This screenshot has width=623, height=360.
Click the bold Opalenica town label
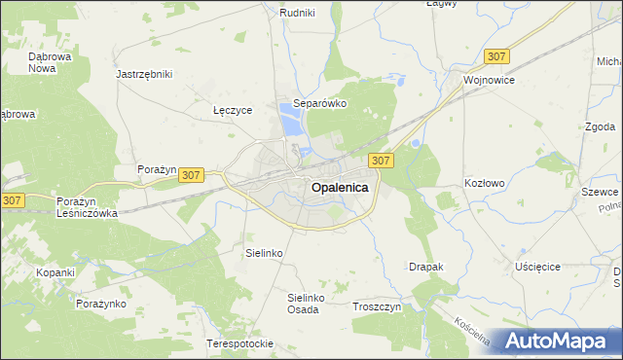point(340,190)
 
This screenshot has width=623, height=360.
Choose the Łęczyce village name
point(233,110)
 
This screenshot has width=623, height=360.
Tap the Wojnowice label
point(489,80)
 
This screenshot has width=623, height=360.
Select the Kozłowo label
point(485,183)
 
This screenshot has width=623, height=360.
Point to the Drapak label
point(426,266)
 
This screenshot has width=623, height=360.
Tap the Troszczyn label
point(376,306)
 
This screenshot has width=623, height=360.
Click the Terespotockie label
point(239,343)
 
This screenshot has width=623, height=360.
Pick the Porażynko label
point(101,304)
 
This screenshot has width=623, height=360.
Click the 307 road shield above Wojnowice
point(496,57)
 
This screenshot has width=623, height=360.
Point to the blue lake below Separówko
point(291,124)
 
